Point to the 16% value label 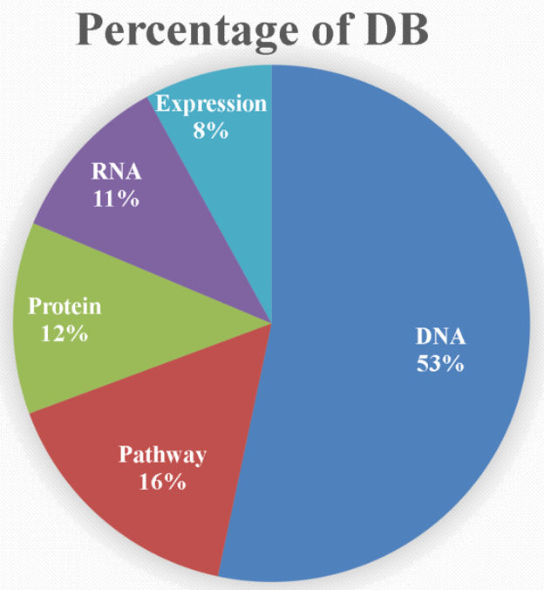[163, 481]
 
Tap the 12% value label [65, 333]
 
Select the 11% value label [116, 198]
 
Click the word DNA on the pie [440, 337]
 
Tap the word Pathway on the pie [163, 455]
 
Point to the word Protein [65, 306]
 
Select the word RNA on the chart [116, 171]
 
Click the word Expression [210, 105]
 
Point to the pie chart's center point [272, 324]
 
